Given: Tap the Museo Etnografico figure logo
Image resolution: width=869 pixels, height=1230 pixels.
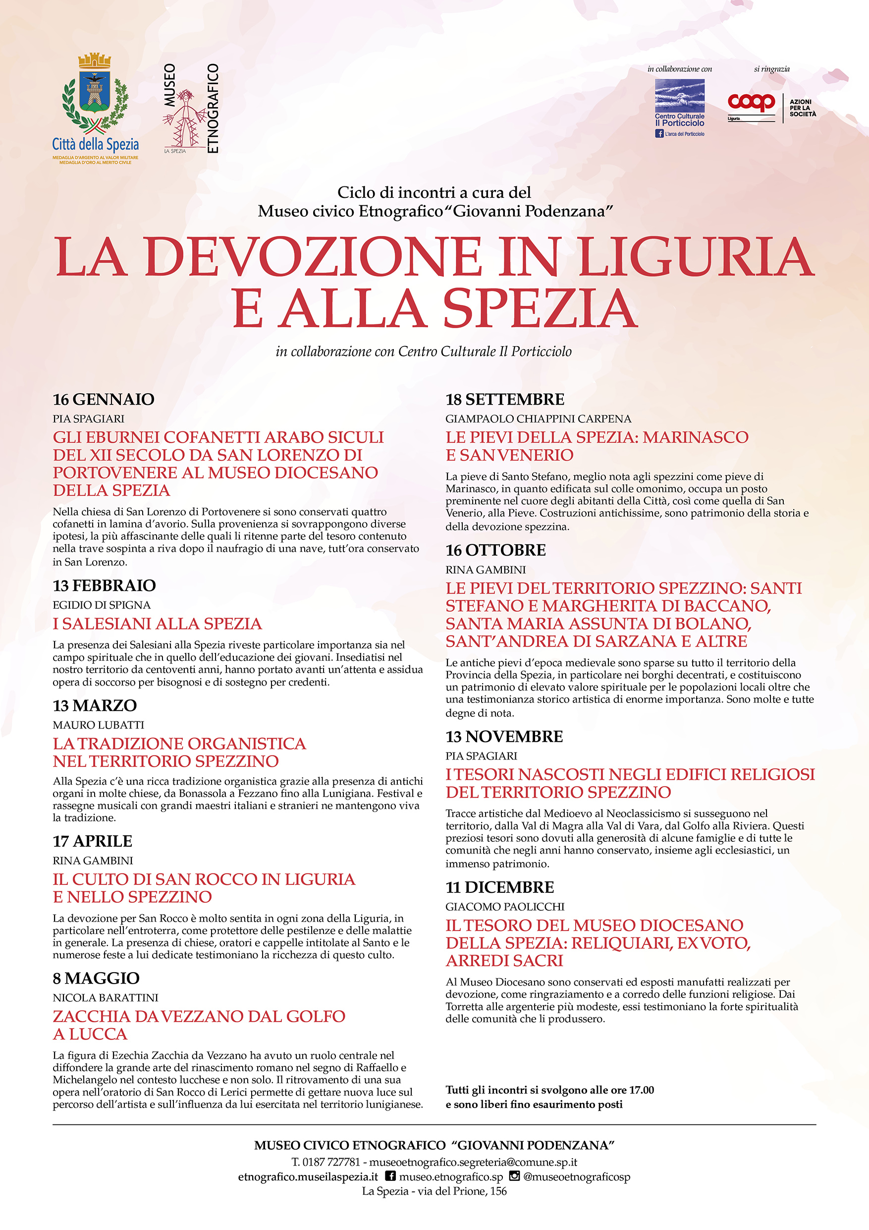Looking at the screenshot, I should (x=185, y=118).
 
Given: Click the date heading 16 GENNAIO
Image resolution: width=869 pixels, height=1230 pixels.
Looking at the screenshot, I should (x=104, y=400).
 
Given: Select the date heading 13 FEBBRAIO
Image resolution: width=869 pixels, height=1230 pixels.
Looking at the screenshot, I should (x=104, y=586).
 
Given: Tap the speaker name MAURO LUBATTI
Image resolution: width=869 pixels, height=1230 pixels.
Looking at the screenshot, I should (x=99, y=725).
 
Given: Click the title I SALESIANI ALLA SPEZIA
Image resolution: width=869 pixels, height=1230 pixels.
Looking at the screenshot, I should (x=158, y=624).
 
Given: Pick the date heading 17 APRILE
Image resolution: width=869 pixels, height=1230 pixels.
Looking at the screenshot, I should (x=92, y=841).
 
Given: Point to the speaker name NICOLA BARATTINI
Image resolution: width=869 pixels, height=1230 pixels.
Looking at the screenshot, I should (x=106, y=997).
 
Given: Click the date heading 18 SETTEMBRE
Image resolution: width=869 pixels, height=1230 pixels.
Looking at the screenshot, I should (x=505, y=400).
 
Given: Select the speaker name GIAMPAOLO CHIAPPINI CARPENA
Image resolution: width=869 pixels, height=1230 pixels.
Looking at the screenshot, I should (x=538, y=419).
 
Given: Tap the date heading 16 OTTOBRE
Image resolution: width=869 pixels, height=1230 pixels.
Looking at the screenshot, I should (x=496, y=550).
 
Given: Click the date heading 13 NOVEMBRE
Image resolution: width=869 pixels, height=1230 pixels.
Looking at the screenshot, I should (x=504, y=737).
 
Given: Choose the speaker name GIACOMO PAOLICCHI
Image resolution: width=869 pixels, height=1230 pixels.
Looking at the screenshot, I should (x=505, y=906).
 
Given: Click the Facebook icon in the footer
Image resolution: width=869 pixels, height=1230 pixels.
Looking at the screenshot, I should (x=391, y=1176).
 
